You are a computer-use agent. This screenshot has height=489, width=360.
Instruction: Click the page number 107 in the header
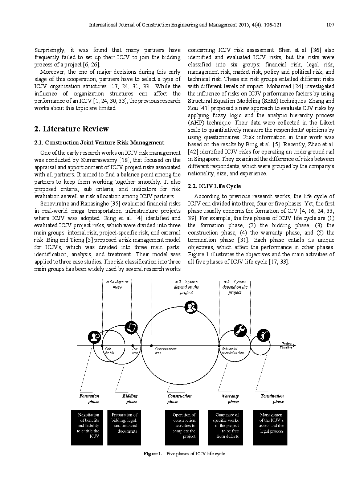tap(330, 25)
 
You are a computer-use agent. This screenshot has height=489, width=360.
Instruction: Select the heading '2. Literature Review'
tap(71, 129)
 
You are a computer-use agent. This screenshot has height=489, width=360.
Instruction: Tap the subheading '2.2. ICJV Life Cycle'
tap(214, 186)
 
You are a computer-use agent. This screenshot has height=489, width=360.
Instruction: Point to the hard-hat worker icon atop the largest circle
tap(191, 307)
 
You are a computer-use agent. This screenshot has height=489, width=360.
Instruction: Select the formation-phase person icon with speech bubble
tap(95, 337)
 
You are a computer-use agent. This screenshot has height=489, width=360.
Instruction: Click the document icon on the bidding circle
tap(131, 327)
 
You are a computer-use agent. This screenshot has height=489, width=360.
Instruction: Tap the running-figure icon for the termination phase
tap(263, 335)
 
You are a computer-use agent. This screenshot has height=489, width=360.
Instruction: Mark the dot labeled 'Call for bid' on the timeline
tap(102, 346)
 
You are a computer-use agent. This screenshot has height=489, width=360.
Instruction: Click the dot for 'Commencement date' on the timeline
tap(151, 346)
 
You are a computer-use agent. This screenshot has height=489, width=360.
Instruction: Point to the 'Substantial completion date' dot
tap(219, 346)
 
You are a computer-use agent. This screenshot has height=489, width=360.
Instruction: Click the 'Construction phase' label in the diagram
tap(179, 399)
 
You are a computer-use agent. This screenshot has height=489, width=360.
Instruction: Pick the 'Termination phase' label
tap(273, 399)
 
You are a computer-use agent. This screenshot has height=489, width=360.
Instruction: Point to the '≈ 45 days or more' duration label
tap(117, 284)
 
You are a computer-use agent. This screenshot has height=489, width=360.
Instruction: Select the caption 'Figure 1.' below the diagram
tap(152, 454)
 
